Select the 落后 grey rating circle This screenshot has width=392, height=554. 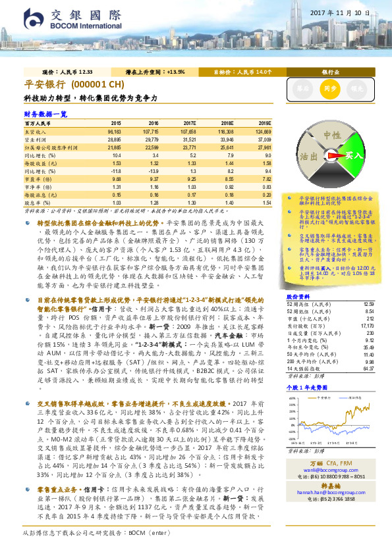point(302,87)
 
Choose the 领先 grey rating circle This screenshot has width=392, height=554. point(356,87)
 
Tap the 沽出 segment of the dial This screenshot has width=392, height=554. point(308,157)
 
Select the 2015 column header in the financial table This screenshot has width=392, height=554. point(115,123)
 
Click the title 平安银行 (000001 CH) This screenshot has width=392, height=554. point(74,86)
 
